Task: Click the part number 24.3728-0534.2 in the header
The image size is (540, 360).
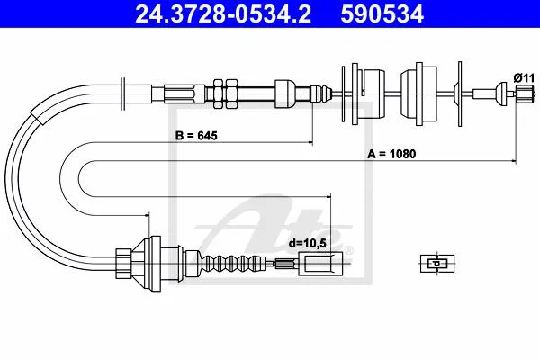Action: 223,14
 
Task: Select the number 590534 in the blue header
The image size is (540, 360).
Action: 382,14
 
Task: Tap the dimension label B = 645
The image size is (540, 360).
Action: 196,136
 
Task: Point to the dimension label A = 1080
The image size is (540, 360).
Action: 391,154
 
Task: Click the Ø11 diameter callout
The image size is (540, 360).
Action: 524,78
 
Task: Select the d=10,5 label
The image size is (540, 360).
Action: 307,243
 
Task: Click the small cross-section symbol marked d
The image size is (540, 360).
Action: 437,264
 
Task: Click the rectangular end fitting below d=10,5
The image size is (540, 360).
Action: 321,264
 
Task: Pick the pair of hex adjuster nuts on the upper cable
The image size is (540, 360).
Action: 225,94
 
